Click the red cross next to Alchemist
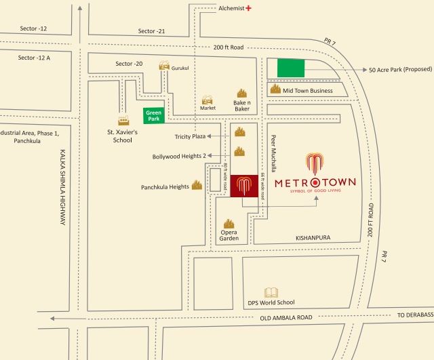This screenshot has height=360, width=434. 249,8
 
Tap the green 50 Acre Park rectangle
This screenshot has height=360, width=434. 291,68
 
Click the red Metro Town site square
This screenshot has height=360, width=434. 243,186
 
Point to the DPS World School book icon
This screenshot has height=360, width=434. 271,292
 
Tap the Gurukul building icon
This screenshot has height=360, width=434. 164,65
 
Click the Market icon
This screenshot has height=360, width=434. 208,100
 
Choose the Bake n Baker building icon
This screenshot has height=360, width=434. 241,93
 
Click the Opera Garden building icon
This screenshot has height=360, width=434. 229,224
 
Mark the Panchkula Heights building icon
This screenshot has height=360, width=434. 197,184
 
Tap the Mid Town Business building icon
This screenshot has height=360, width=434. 275,89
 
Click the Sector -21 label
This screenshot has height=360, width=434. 151,31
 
